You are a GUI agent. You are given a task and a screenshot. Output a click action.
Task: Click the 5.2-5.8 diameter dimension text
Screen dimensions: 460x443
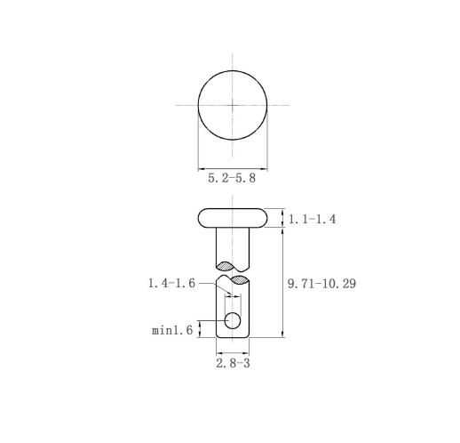pos(232,178)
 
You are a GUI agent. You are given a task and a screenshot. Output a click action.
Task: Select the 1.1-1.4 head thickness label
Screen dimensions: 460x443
pos(312,219)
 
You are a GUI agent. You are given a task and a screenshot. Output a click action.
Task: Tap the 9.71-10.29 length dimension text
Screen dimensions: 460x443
pos(321,284)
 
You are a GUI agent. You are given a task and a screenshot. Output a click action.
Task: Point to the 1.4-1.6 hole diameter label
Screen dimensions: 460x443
pos(171,283)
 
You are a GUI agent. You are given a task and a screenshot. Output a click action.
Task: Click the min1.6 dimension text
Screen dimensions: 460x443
pos(172,330)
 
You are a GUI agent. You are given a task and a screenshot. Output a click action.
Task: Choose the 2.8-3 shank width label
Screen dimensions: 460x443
pos(233,363)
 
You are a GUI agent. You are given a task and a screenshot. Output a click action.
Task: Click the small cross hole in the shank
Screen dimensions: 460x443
pos(233,320)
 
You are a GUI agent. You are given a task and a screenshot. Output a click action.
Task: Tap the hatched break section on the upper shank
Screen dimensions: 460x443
pos(225,266)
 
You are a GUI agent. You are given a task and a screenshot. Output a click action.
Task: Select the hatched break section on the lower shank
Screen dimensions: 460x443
pos(240,280)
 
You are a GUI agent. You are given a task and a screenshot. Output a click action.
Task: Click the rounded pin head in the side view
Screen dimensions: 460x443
pos(233,218)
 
